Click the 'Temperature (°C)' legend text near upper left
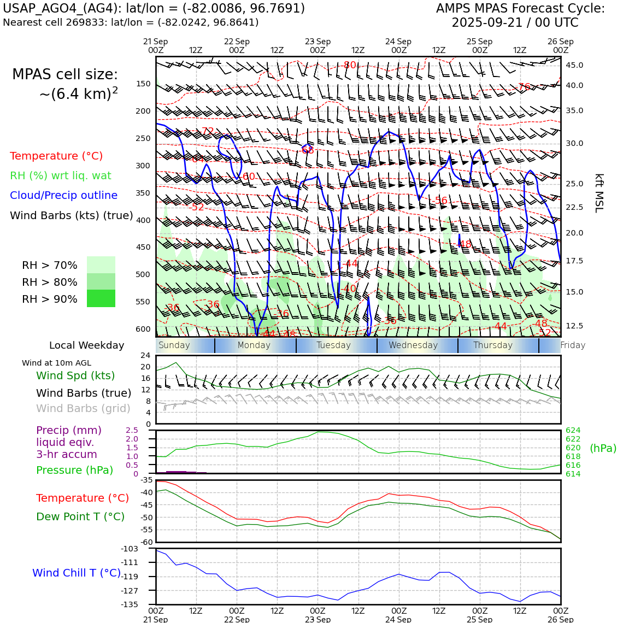coord(56,156)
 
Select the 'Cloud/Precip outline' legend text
coord(63,196)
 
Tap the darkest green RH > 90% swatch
coord(101,299)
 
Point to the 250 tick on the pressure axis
coord(143,139)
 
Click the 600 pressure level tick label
coord(143,329)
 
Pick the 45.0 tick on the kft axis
coord(574,66)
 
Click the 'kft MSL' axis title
coord(599,193)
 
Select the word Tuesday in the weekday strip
coord(333,345)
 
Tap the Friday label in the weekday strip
coord(573,345)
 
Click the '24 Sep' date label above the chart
coord(398,42)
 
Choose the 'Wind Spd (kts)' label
coord(75,376)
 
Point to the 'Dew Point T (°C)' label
coord(80,517)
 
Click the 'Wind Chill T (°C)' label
coord(77,573)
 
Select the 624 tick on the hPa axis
coord(573,431)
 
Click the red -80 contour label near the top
coord(349,66)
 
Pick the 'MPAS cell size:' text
coord(65,75)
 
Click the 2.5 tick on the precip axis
coord(132,431)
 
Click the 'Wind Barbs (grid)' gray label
coord(83,409)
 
